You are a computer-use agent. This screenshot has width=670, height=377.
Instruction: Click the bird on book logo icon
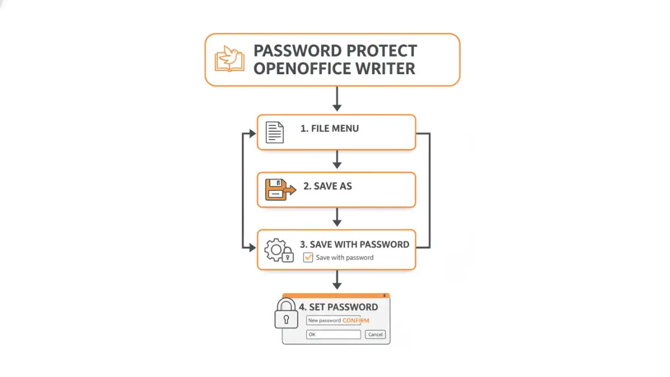229,59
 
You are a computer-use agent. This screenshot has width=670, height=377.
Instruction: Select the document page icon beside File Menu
274,132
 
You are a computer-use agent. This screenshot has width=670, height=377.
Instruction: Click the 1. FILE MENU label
329,128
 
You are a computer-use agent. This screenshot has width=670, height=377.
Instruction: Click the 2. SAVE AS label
328,186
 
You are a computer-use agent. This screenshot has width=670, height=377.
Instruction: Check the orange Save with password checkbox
308,257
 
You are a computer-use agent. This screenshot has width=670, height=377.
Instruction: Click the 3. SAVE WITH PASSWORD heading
354,244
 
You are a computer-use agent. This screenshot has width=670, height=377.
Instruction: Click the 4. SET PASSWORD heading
338,307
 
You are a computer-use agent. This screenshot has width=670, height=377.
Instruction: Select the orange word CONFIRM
356,320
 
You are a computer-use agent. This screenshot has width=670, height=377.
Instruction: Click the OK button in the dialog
333,335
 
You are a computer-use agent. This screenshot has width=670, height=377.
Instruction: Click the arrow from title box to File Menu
336,99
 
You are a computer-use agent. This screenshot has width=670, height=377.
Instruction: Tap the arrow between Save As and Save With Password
336,217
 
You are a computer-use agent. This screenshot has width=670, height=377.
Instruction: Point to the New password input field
324,320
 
